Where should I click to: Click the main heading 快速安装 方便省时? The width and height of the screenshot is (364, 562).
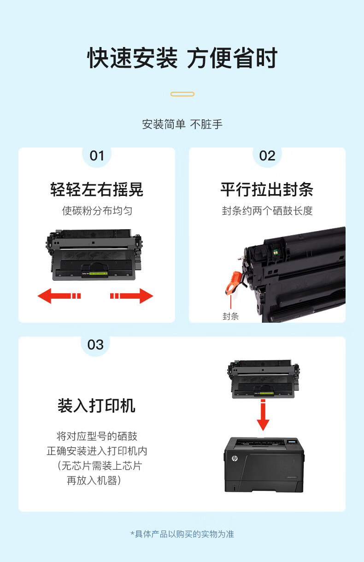[182, 58]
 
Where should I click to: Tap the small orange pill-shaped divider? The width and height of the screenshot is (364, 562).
[182, 94]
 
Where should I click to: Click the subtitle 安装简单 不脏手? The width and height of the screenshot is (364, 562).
[182, 124]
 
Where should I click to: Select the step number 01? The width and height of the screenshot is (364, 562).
[97, 156]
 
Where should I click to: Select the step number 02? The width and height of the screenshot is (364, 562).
[267, 156]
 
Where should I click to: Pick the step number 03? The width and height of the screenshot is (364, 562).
[95, 345]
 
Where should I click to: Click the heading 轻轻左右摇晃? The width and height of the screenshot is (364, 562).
[97, 189]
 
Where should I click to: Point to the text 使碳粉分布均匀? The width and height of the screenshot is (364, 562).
[97, 211]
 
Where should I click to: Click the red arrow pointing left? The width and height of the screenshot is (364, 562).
[59, 296]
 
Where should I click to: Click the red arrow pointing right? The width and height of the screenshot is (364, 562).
[132, 296]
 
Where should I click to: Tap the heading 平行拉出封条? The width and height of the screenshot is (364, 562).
[267, 189]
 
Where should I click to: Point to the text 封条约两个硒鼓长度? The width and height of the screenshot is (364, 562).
[267, 211]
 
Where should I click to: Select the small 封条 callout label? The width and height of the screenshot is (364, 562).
[231, 316]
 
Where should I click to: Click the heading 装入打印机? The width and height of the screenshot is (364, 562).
[96, 406]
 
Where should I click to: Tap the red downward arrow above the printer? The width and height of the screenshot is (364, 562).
[263, 415]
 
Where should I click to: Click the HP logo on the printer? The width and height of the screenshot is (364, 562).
[235, 458]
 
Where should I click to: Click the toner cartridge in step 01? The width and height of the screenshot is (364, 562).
[94, 254]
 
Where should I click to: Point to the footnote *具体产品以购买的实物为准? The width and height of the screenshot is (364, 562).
[182, 534]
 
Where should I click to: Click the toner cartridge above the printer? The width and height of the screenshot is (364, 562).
[263, 379]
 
